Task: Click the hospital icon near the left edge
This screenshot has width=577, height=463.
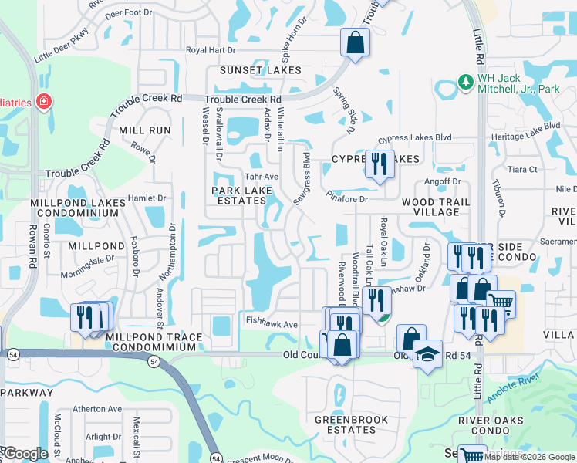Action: point(44,102)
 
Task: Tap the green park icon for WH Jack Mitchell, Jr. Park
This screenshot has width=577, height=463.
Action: point(465,82)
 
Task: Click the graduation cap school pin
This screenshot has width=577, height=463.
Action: point(427,354)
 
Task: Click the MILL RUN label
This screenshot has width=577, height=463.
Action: point(144,130)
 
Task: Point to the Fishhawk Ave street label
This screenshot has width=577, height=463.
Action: point(271,325)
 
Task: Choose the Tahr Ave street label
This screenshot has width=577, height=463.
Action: point(261,177)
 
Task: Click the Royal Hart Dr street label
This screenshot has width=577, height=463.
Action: point(210,50)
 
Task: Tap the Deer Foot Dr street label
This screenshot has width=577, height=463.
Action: point(128,13)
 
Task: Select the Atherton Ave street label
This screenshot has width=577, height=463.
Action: point(97,409)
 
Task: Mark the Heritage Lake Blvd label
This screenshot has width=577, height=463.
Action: point(525,126)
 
